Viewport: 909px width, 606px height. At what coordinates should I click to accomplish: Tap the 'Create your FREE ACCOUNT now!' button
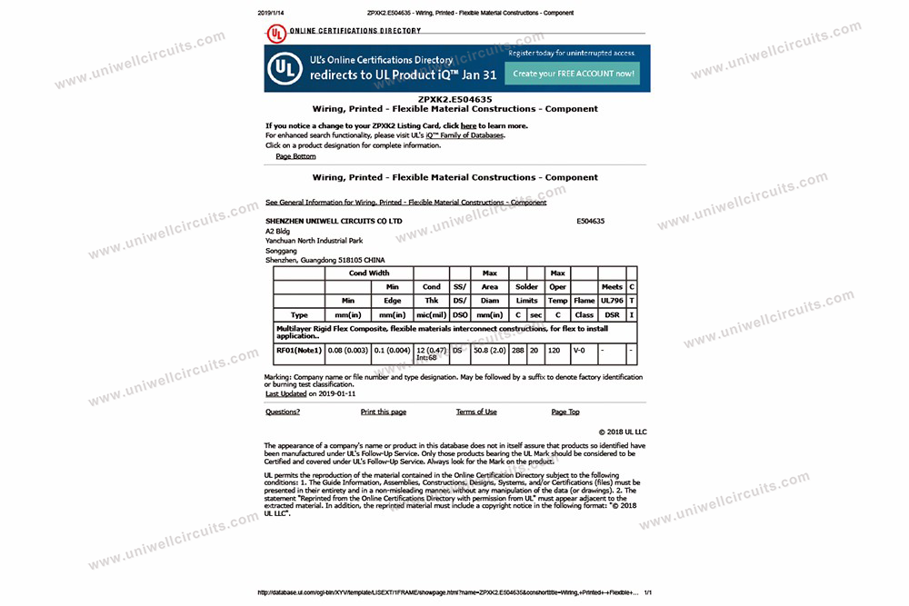coord(573,74)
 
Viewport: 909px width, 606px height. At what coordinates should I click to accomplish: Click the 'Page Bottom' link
coord(295,156)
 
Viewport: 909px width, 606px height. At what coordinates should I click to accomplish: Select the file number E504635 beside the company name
coord(590,221)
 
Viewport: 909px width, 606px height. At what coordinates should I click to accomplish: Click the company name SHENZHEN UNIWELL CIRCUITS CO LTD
coord(334,221)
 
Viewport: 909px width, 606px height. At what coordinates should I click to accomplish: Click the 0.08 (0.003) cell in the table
coord(348,349)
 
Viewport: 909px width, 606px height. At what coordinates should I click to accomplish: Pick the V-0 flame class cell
coord(579,349)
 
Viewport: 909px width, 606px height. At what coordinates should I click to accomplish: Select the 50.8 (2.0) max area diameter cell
coord(489,349)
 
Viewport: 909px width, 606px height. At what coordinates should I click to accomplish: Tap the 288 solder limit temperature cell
coord(518,349)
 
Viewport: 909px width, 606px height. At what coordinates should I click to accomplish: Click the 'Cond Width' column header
coord(369,273)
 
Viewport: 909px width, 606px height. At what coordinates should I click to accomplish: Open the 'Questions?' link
coord(283,412)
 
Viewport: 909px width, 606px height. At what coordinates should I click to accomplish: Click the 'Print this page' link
coord(384,412)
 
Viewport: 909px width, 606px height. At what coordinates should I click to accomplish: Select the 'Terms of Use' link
coord(476,412)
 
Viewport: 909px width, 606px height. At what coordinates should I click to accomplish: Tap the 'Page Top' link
coord(565,412)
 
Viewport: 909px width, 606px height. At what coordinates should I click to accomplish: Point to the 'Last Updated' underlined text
coord(285,394)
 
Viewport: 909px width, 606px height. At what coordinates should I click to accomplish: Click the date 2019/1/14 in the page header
coord(271,13)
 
